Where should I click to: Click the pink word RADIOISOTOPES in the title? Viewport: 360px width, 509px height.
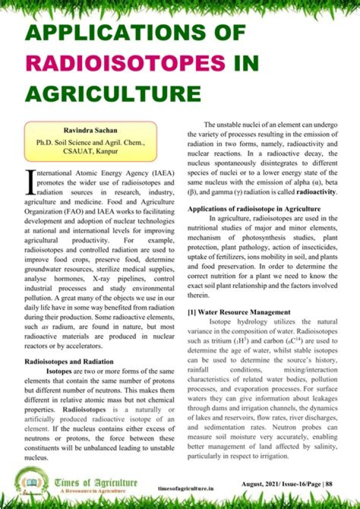click(x=125, y=63)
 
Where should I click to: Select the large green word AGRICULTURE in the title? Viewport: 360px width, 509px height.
click(x=112, y=93)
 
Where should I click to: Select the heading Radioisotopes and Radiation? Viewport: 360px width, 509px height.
click(x=69, y=361)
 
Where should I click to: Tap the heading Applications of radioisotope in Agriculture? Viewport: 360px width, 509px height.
click(x=261, y=209)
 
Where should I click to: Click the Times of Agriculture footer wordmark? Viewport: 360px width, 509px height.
click(x=96, y=482)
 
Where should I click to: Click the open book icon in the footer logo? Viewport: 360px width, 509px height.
click(x=33, y=482)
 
